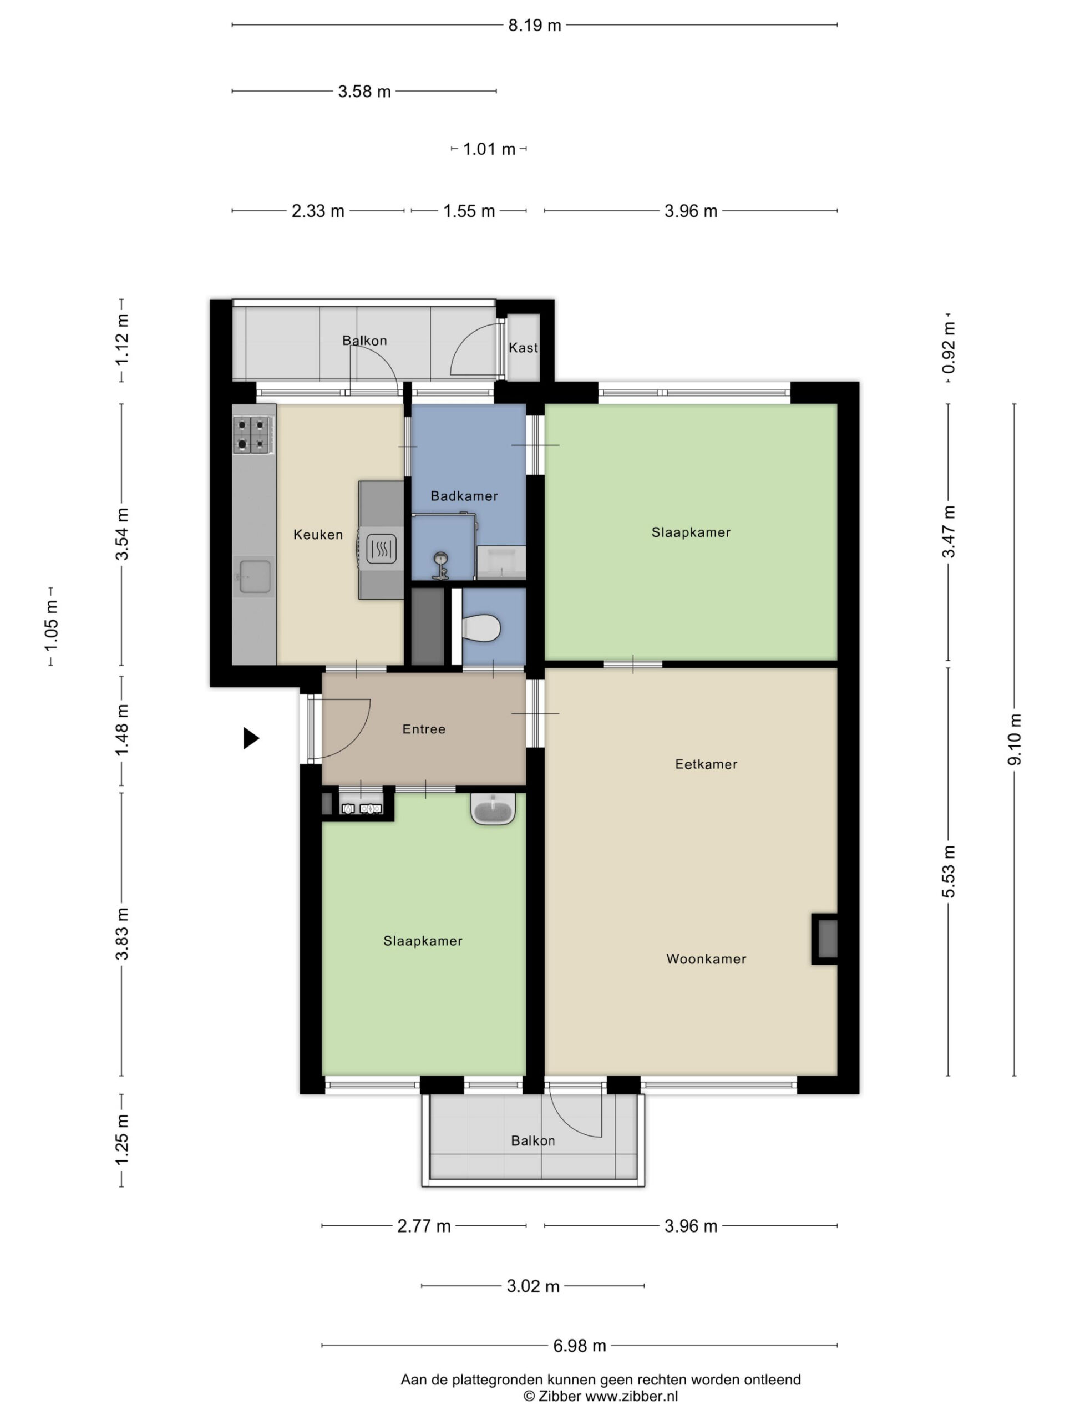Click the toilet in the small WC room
point(481,628)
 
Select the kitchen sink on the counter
point(254,576)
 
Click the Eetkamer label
point(706,764)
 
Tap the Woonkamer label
point(706,959)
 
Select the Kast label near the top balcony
point(523,347)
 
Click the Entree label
point(424,729)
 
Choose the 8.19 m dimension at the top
point(535,25)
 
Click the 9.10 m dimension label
point(1015,739)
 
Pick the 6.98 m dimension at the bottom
point(580,1346)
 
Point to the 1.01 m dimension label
point(489,149)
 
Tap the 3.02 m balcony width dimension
point(534,1286)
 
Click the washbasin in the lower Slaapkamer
point(493,809)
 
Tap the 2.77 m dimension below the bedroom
point(424,1226)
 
